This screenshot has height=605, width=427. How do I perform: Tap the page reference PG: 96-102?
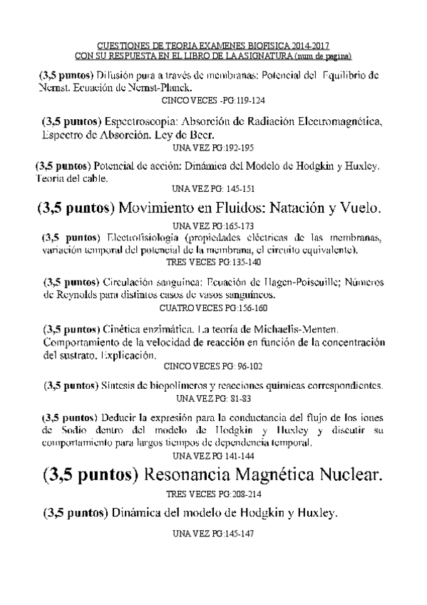click(x=240, y=366)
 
